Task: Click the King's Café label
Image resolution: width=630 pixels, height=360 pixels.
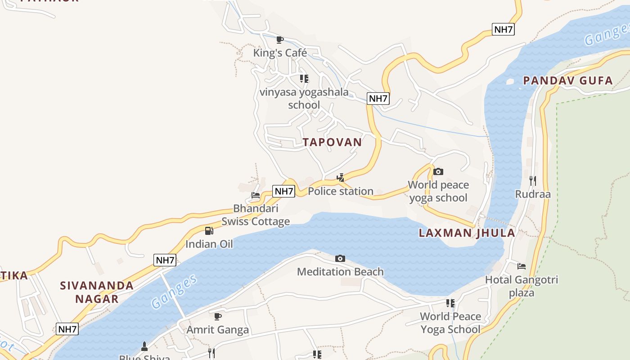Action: point(280,53)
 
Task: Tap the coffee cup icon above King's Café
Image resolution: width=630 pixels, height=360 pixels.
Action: point(280,40)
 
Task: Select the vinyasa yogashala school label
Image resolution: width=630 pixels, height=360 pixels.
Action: point(304,99)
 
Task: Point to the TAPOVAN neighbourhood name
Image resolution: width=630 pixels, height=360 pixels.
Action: point(332,142)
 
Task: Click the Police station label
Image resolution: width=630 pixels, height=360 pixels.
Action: point(341,191)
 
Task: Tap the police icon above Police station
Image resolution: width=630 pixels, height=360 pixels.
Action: point(341,178)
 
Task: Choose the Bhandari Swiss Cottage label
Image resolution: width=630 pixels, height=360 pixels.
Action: point(256,215)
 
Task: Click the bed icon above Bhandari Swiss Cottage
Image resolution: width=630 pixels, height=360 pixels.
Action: point(256,195)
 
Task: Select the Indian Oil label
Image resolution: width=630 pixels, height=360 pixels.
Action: point(209,244)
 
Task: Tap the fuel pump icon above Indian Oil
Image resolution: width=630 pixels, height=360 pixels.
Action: point(209,231)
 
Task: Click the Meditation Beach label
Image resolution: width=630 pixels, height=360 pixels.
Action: point(340,271)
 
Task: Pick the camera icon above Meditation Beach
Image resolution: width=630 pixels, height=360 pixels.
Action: point(340,258)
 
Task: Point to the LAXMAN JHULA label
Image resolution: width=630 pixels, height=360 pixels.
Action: point(467,233)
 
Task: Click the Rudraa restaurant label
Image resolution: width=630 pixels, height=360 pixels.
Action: point(533,194)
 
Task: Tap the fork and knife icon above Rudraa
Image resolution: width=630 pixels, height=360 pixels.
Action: point(533,181)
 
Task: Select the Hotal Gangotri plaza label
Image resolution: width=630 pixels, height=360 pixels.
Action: point(522,286)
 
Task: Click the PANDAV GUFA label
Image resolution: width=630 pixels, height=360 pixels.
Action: point(568,81)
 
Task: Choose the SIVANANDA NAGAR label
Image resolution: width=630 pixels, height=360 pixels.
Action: point(97,292)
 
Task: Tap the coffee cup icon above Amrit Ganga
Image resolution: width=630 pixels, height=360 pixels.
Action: point(218,316)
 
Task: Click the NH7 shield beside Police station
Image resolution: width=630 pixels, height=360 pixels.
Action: point(284,191)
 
